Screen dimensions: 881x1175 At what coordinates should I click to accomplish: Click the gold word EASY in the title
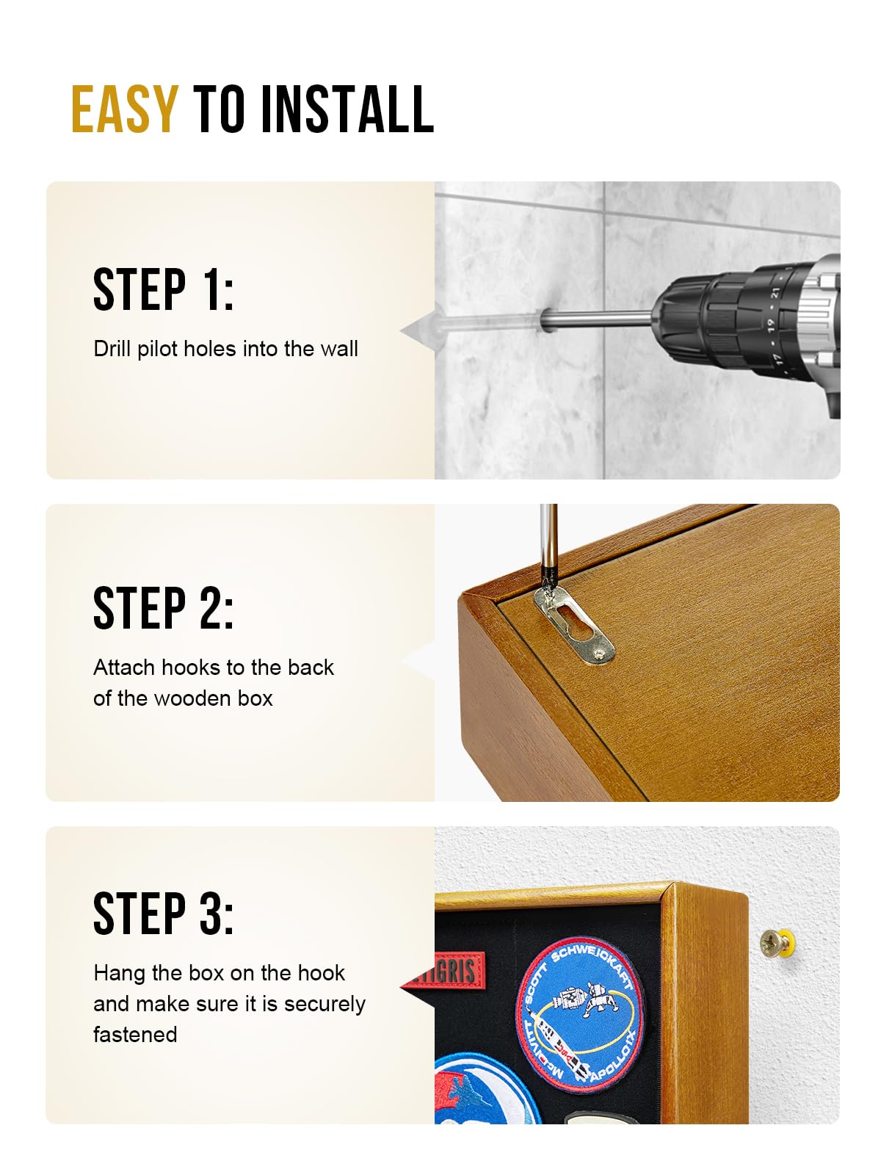[124, 109]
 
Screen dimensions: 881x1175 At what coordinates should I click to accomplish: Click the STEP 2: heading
[163, 607]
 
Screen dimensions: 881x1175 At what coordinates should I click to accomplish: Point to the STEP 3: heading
[163, 914]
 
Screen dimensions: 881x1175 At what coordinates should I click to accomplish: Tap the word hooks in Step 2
[192, 668]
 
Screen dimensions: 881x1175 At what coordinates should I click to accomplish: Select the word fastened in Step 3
[135, 1035]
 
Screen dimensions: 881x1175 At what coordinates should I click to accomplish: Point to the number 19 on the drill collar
[771, 324]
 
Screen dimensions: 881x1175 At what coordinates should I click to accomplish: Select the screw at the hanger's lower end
[602, 652]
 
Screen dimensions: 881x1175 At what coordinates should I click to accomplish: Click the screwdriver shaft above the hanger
[548, 540]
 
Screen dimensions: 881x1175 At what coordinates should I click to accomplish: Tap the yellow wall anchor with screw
[777, 944]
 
